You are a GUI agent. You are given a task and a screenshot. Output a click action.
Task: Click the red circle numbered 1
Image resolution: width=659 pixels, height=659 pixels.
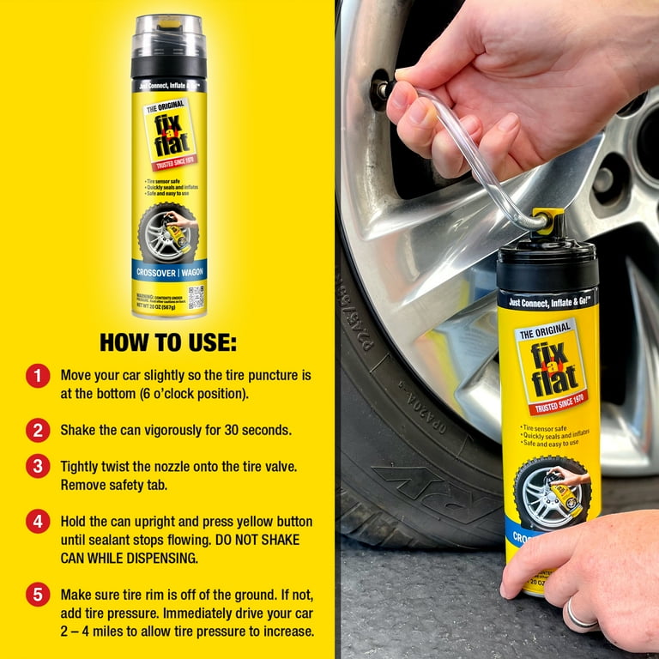tap(38, 376)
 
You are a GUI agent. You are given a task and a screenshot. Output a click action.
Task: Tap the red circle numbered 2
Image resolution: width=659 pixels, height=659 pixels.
tap(38, 428)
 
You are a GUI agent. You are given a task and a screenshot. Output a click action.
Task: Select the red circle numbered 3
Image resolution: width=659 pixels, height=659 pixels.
tap(38, 467)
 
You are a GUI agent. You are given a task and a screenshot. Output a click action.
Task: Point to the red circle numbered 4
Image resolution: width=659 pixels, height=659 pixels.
tap(38, 522)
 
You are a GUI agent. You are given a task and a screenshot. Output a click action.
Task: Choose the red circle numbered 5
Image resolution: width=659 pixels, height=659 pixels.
tap(38, 594)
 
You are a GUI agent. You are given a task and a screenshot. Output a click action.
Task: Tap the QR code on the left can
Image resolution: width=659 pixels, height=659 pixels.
tap(195, 297)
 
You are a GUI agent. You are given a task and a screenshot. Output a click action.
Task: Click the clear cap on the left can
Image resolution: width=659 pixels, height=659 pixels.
tap(168, 36)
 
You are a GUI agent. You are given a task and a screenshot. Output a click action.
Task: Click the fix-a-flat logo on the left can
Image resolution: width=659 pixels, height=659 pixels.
tap(169, 133)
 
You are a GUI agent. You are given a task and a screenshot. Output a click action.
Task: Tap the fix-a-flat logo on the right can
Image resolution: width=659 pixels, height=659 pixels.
tap(550, 366)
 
